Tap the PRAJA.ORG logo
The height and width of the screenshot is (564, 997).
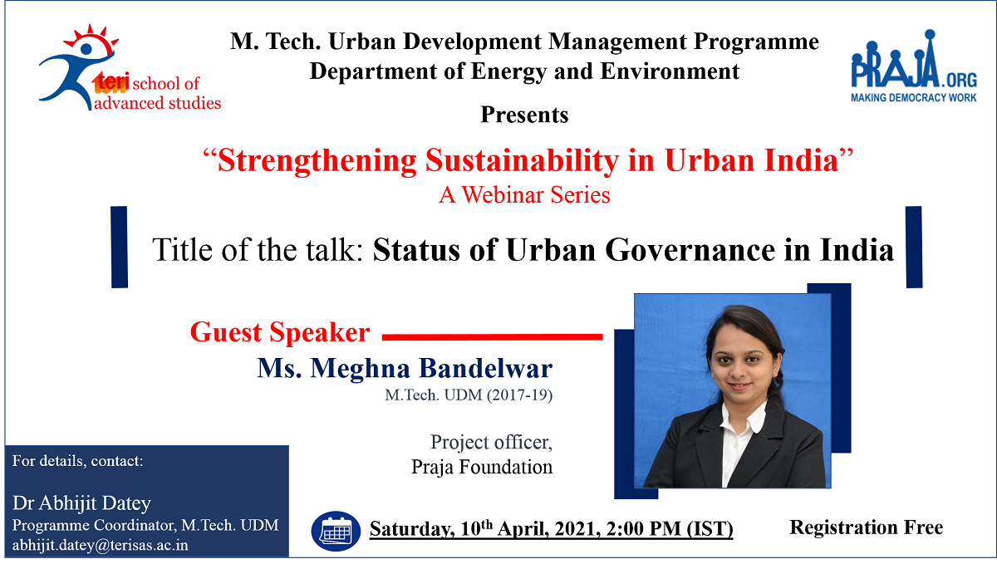(914, 66)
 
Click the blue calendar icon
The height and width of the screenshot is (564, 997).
(336, 531)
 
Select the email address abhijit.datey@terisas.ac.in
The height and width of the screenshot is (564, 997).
(101, 545)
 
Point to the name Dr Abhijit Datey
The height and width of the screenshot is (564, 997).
(81, 503)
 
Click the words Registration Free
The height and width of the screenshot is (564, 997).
(866, 527)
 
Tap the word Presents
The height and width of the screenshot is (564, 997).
(524, 115)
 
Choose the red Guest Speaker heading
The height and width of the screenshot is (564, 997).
(280, 332)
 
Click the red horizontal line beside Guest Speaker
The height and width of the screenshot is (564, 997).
(492, 337)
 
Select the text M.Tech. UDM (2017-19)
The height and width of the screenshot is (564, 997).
(469, 395)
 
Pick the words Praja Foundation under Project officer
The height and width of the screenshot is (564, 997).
(482, 467)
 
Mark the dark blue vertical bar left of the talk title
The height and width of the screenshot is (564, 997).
(120, 247)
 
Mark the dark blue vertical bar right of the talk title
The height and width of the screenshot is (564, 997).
(914, 247)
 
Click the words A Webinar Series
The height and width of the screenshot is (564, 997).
(524, 194)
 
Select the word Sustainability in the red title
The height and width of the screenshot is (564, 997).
(522, 160)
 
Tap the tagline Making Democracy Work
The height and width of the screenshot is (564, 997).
(914, 97)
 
